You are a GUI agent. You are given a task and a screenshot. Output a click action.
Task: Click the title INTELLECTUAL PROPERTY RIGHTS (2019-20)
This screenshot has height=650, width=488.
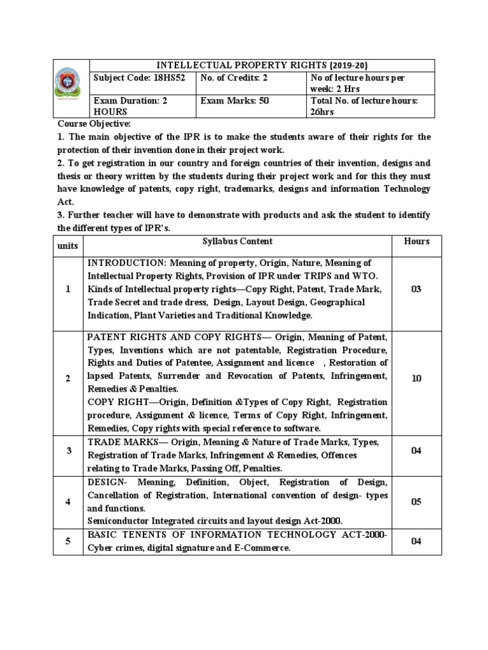pyautogui.click(x=262, y=65)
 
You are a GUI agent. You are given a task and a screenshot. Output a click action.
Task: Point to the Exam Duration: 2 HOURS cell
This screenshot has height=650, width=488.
pyautogui.click(x=131, y=105)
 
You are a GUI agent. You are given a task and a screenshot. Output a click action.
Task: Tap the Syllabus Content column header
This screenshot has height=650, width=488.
pyautogui.click(x=237, y=241)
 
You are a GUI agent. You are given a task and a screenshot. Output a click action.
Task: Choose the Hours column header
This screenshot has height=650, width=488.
pyautogui.click(x=416, y=241)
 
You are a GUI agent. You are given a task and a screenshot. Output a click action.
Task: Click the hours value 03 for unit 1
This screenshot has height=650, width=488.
pyautogui.click(x=416, y=289)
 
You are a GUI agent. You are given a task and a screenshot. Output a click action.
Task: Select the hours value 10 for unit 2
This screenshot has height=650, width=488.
pyautogui.click(x=416, y=378)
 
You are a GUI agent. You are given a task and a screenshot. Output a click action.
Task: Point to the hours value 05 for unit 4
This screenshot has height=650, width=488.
pyautogui.click(x=416, y=501)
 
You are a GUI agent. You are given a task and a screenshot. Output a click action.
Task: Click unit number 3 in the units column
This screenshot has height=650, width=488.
pyautogui.click(x=68, y=451)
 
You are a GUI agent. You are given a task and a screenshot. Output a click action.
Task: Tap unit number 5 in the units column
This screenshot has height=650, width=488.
pyautogui.click(x=68, y=541)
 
